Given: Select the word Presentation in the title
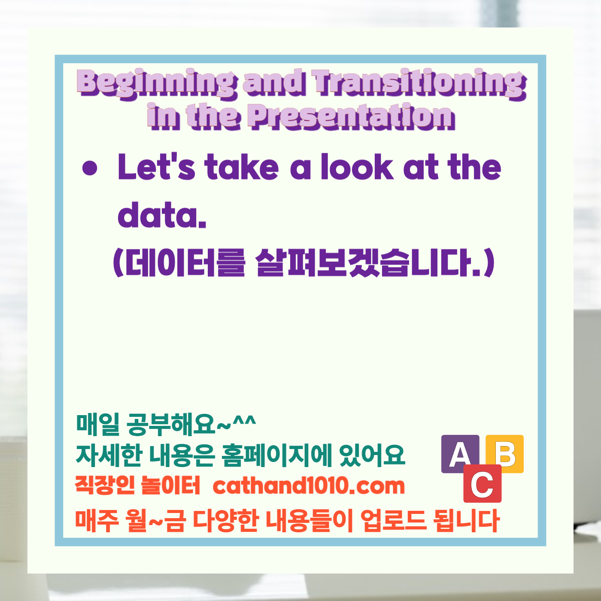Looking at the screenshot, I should (352, 116).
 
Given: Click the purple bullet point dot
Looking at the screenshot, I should (90, 168).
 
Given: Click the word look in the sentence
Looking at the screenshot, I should (357, 167).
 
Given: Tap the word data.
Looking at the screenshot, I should (162, 215).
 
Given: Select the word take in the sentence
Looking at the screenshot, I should (242, 167).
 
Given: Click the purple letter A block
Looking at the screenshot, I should (460, 453).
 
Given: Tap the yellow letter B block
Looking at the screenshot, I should (505, 453).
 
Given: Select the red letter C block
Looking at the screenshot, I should (483, 484).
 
